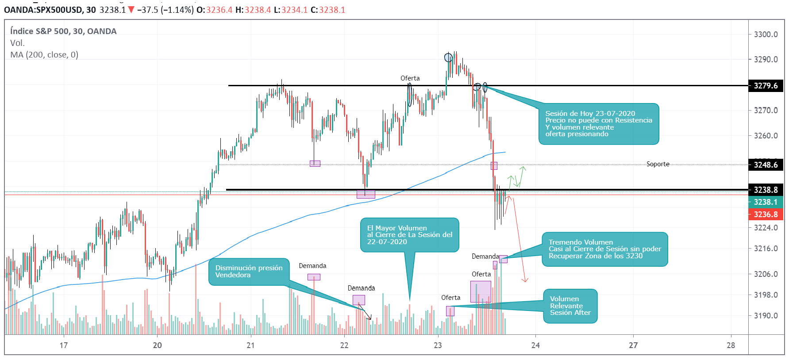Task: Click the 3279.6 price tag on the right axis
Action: [x=766, y=86]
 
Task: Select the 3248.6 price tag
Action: [x=766, y=165]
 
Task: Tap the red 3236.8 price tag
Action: [x=766, y=214]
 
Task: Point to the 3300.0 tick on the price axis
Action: [x=766, y=34]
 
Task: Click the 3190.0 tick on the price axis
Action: [x=766, y=316]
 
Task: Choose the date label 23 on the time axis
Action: [x=438, y=345]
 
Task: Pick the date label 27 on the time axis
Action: [x=633, y=345]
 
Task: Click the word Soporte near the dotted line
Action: [x=658, y=164]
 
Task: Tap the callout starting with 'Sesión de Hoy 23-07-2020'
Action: [x=598, y=124]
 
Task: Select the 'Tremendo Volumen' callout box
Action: [x=604, y=249]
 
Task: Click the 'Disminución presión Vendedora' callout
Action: [x=249, y=272]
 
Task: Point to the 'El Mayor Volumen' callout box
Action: [x=409, y=235]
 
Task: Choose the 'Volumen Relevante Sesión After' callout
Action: [x=570, y=306]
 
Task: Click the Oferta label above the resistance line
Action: [x=410, y=78]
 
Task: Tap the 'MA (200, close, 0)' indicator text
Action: [x=44, y=55]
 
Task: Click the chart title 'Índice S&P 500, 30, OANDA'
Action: [x=63, y=31]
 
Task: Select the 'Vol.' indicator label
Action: [x=17, y=43]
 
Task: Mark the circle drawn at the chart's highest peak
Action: [x=448, y=57]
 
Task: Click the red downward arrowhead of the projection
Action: [x=525, y=280]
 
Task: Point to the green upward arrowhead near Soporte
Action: [x=523, y=168]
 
